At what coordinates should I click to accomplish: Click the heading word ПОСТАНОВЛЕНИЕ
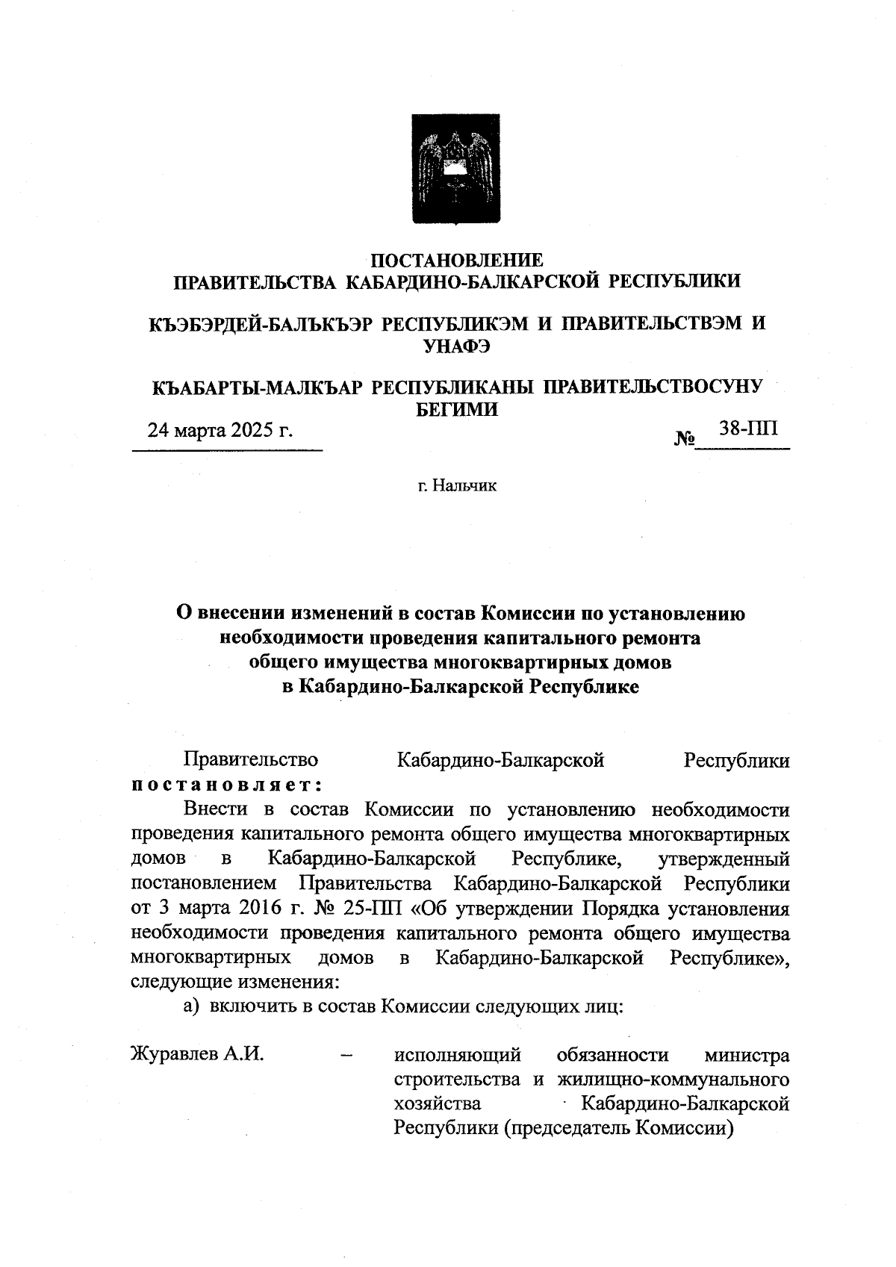click(x=458, y=260)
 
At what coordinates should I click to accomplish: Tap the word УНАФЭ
click(x=457, y=346)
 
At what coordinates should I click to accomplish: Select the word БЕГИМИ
click(x=457, y=409)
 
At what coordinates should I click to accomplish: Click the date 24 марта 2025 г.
click(x=220, y=430)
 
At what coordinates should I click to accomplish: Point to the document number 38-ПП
click(x=747, y=428)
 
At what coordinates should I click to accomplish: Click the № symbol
click(x=685, y=439)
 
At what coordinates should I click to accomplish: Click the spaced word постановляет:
click(x=226, y=785)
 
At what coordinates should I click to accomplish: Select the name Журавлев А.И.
click(x=198, y=1055)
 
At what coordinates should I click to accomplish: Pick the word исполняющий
click(x=457, y=1055)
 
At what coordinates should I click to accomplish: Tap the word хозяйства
click(x=438, y=1103)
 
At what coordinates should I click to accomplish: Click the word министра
click(x=747, y=1055)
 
